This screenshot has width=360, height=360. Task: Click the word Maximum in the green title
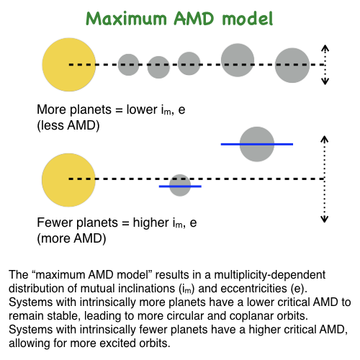(x=126, y=19)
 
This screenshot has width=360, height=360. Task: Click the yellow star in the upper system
(x=69, y=65)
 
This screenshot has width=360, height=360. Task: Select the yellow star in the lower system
(x=68, y=180)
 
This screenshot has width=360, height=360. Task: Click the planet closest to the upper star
(x=128, y=65)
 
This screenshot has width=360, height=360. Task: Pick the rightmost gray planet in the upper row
(x=292, y=66)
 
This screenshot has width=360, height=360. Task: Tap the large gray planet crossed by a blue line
(x=257, y=144)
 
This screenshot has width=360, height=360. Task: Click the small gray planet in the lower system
(x=180, y=185)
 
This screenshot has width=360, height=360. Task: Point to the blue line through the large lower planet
(x=257, y=144)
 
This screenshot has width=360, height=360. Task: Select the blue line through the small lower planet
(x=180, y=186)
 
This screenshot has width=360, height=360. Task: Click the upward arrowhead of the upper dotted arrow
(x=325, y=48)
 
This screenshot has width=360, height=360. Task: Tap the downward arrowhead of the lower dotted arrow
(x=325, y=219)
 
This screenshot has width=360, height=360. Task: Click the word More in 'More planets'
(x=52, y=109)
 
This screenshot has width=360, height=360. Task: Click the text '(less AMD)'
(x=68, y=125)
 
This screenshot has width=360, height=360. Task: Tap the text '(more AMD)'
(x=71, y=238)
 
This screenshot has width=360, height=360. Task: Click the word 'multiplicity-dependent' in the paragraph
(x=270, y=275)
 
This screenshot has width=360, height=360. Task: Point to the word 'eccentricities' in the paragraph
(x=254, y=289)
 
